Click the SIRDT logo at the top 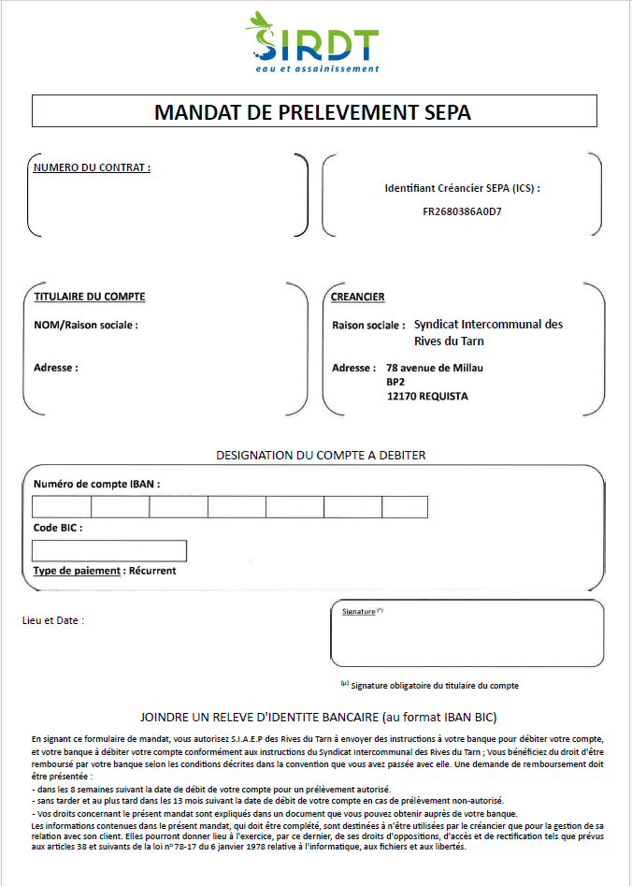[x=316, y=37]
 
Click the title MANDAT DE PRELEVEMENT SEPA [x=313, y=112]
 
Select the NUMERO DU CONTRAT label [x=92, y=168]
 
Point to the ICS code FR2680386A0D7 [x=462, y=211]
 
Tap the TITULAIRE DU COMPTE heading [x=89, y=297]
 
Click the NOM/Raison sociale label [x=85, y=326]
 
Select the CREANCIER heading [x=358, y=297]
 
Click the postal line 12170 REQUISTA [x=427, y=397]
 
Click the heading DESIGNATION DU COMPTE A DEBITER [x=321, y=456]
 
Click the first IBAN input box [x=62, y=507]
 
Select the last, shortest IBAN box [x=405, y=507]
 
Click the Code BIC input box [x=109, y=550]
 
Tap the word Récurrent [x=152, y=571]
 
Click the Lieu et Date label [x=52, y=620]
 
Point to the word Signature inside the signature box [x=359, y=612]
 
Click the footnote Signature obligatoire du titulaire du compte [x=434, y=686]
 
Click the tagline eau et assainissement [x=318, y=68]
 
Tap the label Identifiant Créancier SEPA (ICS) [x=462, y=188]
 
